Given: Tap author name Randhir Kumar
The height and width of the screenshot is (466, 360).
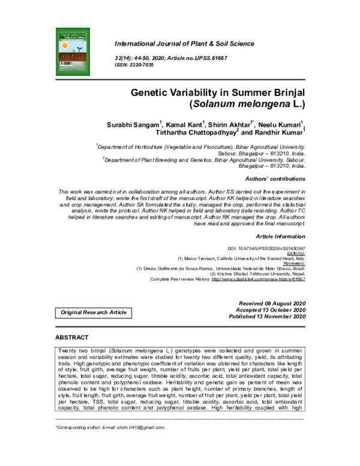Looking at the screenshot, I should (277, 134).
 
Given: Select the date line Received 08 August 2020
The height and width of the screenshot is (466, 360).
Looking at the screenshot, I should (272, 304).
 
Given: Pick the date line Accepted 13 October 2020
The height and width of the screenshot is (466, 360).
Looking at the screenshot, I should (272, 310).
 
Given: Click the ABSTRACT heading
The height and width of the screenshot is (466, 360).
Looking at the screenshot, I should (72, 337).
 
